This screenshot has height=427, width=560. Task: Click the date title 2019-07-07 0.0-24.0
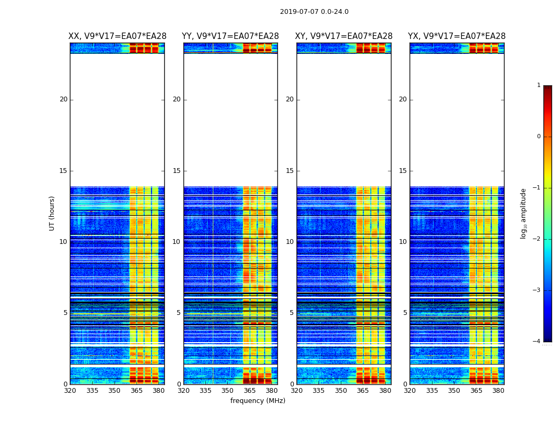(x=314, y=12)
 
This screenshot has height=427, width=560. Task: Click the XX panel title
(x=117, y=36)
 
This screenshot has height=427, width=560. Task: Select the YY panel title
(x=230, y=36)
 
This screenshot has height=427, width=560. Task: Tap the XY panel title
(x=343, y=36)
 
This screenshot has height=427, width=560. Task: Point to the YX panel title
(x=457, y=36)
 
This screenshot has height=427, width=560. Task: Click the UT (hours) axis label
(x=52, y=213)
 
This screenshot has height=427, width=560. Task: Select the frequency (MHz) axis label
(x=258, y=401)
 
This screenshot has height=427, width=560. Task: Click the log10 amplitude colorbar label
(x=524, y=213)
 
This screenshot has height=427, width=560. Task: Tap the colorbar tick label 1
(x=539, y=85)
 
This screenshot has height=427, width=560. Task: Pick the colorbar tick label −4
(x=537, y=342)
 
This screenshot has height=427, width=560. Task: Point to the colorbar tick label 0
(x=539, y=137)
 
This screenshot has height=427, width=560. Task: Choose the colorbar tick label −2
(x=537, y=239)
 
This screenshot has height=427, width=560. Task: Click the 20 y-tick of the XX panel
(x=63, y=99)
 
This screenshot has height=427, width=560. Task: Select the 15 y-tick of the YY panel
(x=177, y=171)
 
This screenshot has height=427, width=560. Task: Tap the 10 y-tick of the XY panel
(x=290, y=242)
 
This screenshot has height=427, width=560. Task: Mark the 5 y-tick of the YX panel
(x=405, y=313)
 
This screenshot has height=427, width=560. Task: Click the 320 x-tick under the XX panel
(x=70, y=391)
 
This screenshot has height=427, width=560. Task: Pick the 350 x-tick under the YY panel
(x=228, y=391)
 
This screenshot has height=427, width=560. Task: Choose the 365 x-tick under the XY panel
(x=363, y=391)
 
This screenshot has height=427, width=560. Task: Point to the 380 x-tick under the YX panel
(x=498, y=391)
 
